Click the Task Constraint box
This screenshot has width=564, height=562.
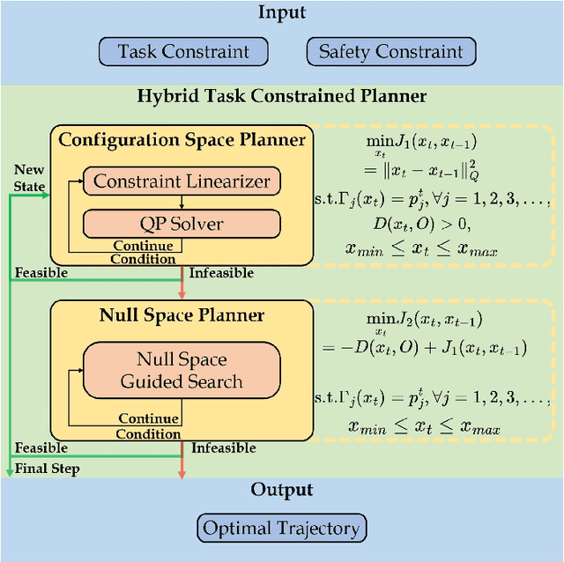tap(183, 52)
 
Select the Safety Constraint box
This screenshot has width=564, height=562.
tap(390, 52)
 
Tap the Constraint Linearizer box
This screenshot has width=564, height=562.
tap(181, 182)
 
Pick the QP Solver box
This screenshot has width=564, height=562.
tap(181, 224)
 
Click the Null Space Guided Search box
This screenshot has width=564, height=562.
tap(181, 371)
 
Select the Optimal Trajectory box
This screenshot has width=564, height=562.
tap(282, 529)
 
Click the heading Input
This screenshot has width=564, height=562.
tap(281, 12)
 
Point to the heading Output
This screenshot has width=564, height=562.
tap(281, 491)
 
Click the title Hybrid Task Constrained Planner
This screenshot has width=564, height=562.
tap(281, 96)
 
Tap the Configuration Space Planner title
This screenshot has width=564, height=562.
tap(182, 139)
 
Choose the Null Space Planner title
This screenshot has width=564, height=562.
tap(182, 314)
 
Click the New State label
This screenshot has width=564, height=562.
tap(29, 177)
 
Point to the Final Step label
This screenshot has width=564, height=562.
tap(47, 469)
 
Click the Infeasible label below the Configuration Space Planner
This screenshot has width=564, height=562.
tap(221, 274)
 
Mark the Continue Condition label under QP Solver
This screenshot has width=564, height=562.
tap(143, 253)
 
